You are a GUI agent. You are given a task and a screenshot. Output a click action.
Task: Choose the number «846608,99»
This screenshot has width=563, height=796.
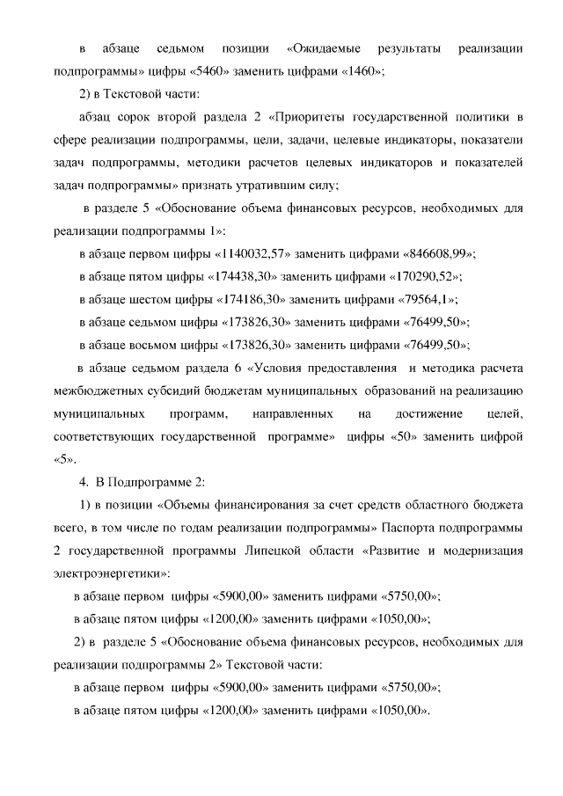(438, 253)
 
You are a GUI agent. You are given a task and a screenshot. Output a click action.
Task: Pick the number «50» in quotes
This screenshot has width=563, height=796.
(403, 436)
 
